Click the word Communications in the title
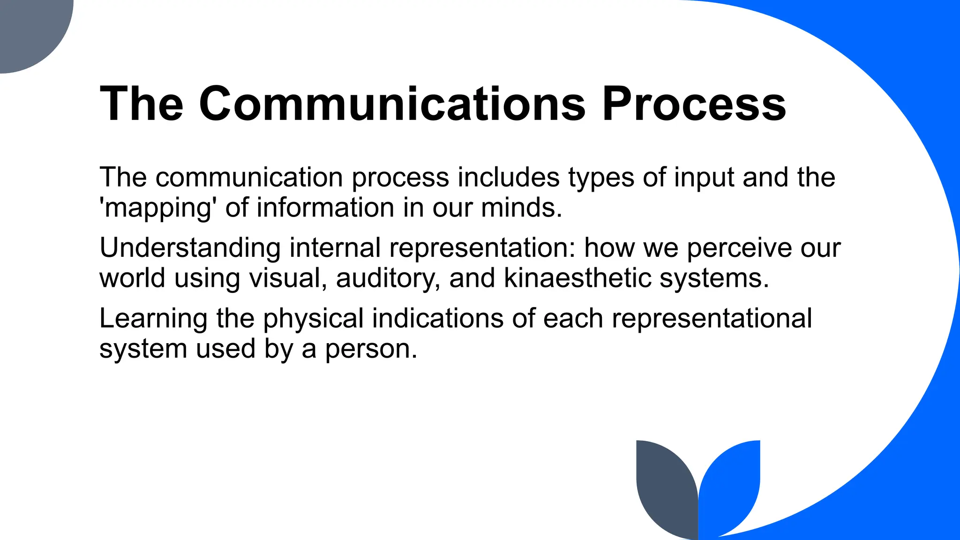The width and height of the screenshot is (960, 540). point(392,104)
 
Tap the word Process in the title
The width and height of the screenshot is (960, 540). point(694,104)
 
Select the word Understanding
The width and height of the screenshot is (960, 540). point(190,248)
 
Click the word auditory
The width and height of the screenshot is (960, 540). point(388,279)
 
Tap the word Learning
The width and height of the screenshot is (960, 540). point(153,319)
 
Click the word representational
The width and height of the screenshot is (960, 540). point(712,319)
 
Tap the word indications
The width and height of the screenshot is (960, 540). point(437,318)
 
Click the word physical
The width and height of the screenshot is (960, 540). point(313,319)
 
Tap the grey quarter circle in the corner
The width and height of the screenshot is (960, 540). point(28,28)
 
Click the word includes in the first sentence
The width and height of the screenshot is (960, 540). point(509,178)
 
